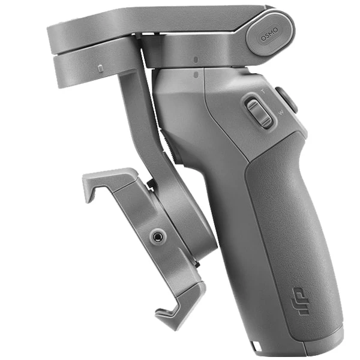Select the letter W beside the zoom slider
(x=281, y=112)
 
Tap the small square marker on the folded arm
(x=100, y=68)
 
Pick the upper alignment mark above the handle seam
(x=195, y=59)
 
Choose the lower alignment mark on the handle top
(x=195, y=74)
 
